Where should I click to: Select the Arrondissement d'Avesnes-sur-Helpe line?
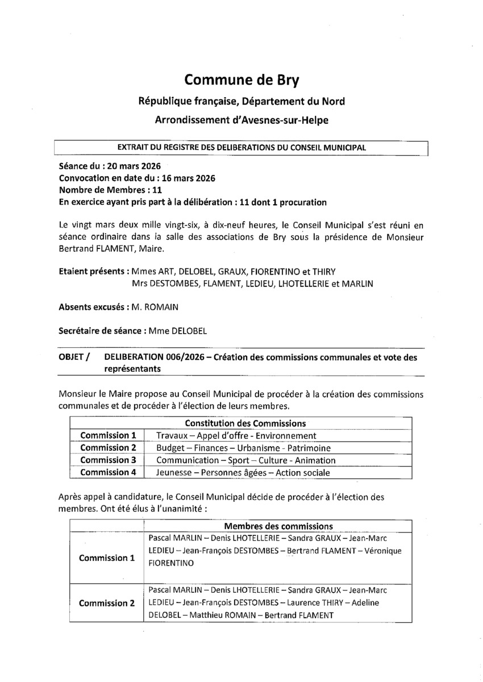pyautogui.click(x=241, y=120)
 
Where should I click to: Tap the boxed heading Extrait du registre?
pyautogui.click(x=241, y=147)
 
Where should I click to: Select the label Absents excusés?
pyautogui.click(x=90, y=307)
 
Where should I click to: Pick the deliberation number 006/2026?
pyautogui.click(x=176, y=357)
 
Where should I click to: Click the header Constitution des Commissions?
pyautogui.click(x=245, y=423)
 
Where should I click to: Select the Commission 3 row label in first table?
pyautogui.click(x=108, y=460)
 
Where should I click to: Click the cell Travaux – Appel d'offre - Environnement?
pyautogui.click(x=236, y=436)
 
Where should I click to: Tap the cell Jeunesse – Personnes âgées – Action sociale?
pyautogui.click(x=243, y=472)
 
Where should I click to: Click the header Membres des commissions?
pyautogui.click(x=278, y=526)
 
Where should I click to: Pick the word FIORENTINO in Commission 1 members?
pyautogui.click(x=170, y=563)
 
